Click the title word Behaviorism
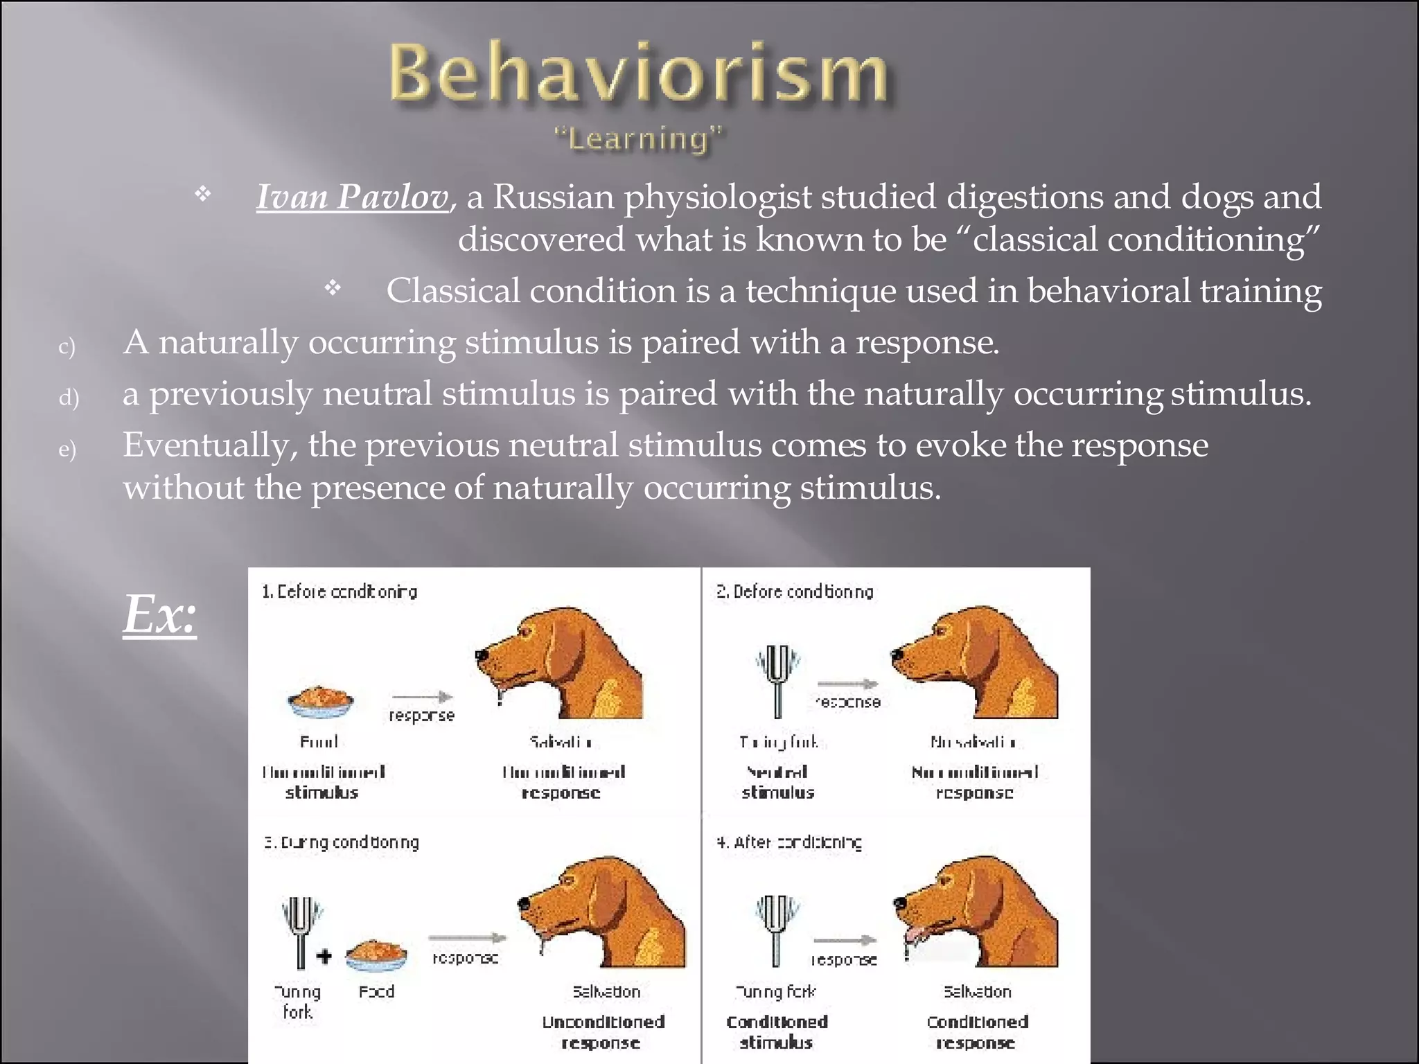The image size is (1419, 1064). click(637, 73)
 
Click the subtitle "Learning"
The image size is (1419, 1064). click(639, 139)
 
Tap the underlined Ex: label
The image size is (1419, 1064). click(160, 614)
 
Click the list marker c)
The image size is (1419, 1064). click(67, 346)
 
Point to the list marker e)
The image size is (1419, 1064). click(67, 449)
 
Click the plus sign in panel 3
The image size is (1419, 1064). click(324, 957)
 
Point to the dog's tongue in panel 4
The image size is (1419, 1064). click(916, 935)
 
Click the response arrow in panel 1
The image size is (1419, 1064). click(422, 697)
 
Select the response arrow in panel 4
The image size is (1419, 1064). click(844, 941)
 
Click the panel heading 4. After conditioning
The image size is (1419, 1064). click(789, 842)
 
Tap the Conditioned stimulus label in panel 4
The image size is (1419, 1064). click(777, 1031)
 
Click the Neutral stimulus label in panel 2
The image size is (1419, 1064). click(777, 782)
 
